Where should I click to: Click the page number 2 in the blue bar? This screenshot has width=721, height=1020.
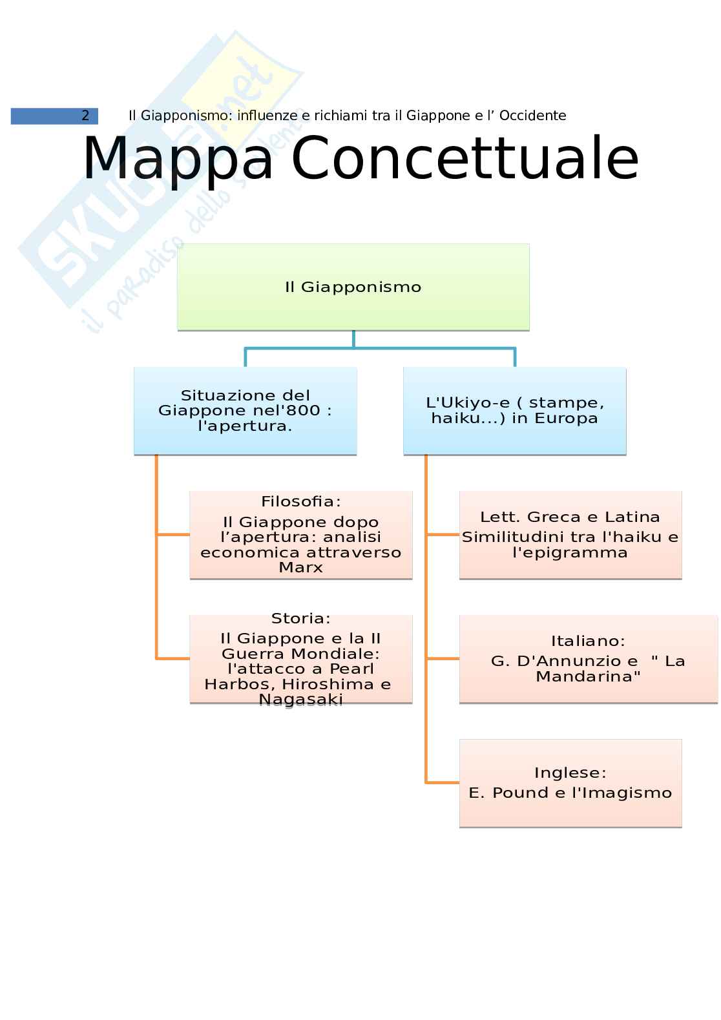coord(85,116)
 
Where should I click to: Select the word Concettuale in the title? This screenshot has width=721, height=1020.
coord(465,158)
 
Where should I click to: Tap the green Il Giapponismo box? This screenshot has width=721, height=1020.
coord(353,287)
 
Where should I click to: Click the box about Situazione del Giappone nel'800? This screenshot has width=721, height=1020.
coord(245,410)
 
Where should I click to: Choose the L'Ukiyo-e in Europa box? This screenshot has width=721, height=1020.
coord(514,410)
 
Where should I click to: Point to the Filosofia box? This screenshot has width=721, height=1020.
coord(300,535)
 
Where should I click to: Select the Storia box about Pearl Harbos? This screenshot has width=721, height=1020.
coord(300,659)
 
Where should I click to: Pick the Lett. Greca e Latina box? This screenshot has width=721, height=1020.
coord(570,535)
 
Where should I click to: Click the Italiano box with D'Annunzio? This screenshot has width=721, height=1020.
coord(588,659)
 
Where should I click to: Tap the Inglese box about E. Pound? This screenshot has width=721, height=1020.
coord(570,783)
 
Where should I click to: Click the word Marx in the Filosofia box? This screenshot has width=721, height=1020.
coord(300,568)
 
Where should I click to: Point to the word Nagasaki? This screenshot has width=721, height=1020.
coord(300,700)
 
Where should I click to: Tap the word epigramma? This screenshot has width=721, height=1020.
coord(570,553)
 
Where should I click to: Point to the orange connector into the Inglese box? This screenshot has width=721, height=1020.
coord(443,783)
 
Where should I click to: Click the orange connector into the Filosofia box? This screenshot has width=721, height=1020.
coord(173,535)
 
